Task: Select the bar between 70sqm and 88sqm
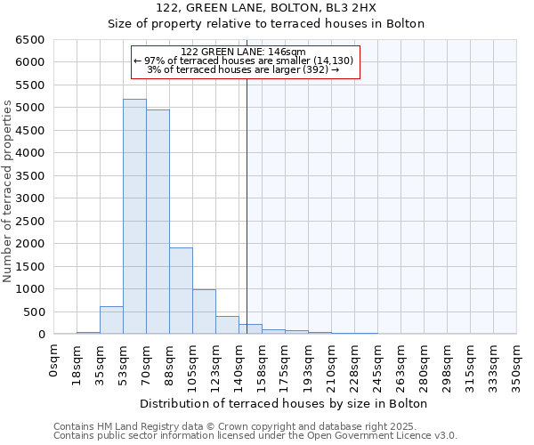click(158, 222)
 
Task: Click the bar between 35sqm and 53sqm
click(111, 320)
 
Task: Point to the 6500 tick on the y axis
click(30, 40)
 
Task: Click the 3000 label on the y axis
click(30, 198)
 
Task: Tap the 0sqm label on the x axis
click(54, 360)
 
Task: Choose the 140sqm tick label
click(239, 366)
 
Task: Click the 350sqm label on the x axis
click(517, 366)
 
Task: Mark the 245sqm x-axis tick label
click(378, 366)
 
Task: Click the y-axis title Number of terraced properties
click(8, 190)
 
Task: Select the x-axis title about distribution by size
click(282, 404)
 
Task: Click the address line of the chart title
click(266, 8)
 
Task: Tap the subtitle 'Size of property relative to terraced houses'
click(266, 24)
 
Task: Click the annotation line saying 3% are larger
click(243, 69)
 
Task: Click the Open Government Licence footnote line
click(255, 436)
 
